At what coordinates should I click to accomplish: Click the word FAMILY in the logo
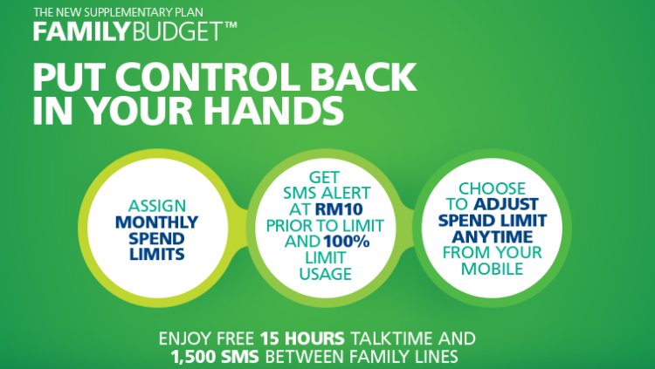[79, 31]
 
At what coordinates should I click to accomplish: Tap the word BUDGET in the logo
[176, 31]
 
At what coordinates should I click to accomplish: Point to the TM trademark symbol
[231, 25]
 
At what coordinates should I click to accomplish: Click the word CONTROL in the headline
[209, 78]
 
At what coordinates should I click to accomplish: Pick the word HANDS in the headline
[273, 111]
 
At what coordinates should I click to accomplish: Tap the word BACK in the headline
[363, 78]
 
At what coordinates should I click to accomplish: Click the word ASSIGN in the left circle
[156, 206]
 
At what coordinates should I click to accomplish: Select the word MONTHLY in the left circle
[156, 222]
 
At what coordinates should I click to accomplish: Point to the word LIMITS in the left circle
[156, 254]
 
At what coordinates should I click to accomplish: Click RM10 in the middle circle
[339, 209]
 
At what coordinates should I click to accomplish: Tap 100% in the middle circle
[347, 242]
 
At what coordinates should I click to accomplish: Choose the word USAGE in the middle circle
[326, 274]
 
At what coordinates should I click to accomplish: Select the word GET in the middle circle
[324, 177]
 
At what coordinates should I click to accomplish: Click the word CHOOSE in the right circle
[492, 188]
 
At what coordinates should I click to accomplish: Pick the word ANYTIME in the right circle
[492, 237]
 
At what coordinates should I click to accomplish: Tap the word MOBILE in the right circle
[492, 269]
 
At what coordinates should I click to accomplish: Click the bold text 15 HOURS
[302, 338]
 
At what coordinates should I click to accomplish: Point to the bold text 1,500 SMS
[215, 357]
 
